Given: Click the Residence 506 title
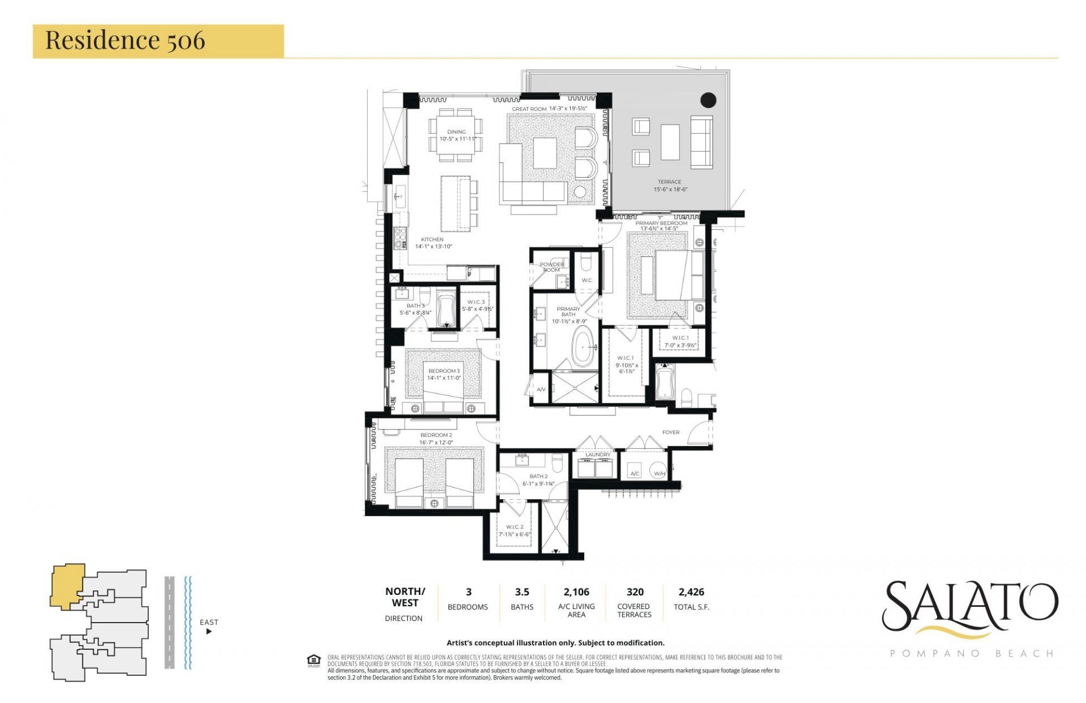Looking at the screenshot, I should click(125, 40).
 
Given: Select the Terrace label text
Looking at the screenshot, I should click(669, 182).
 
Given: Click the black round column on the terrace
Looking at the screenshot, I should click(708, 100).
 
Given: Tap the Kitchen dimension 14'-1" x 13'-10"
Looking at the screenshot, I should click(433, 246).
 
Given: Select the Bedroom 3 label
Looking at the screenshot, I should click(443, 371).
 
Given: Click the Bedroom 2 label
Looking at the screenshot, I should click(436, 435).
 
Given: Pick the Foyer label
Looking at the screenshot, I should click(670, 432).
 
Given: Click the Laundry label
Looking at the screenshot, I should click(597, 455).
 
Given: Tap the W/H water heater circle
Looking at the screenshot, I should click(659, 473).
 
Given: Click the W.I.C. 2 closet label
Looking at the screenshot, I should click(514, 526).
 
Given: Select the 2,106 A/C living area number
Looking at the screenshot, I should click(576, 591).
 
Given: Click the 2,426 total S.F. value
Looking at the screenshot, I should click(691, 591).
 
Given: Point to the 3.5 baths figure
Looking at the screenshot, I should click(522, 591).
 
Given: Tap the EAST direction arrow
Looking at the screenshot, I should click(209, 631).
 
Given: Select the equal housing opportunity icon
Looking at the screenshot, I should click(313, 661).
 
